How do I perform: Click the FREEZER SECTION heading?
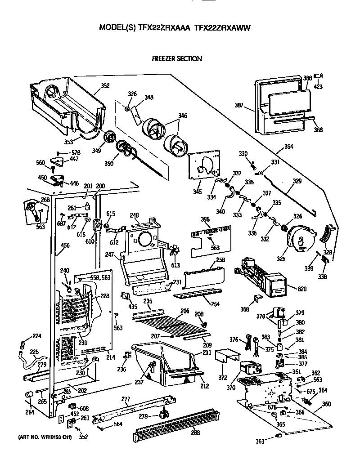coord(176,58)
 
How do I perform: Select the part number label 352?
coord(105,85)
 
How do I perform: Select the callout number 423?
coord(318,87)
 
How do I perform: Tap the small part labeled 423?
coord(319,76)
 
